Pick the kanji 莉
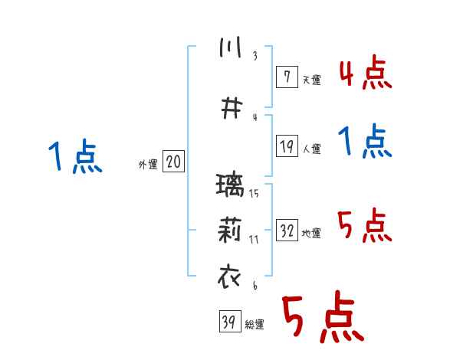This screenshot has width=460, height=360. [x=230, y=230]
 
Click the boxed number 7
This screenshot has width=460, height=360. [x=286, y=77]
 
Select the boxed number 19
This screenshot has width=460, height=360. [x=287, y=146]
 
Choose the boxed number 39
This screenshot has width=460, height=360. [x=228, y=322]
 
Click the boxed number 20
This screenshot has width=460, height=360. [x=173, y=162]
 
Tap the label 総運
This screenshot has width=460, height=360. [x=254, y=325]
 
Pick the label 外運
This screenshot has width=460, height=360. [x=147, y=164]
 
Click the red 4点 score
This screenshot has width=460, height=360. [x=366, y=74]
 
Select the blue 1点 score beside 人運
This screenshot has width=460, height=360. [x=366, y=142]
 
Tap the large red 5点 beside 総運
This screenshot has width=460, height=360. [x=321, y=319]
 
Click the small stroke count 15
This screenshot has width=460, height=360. [x=254, y=193]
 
